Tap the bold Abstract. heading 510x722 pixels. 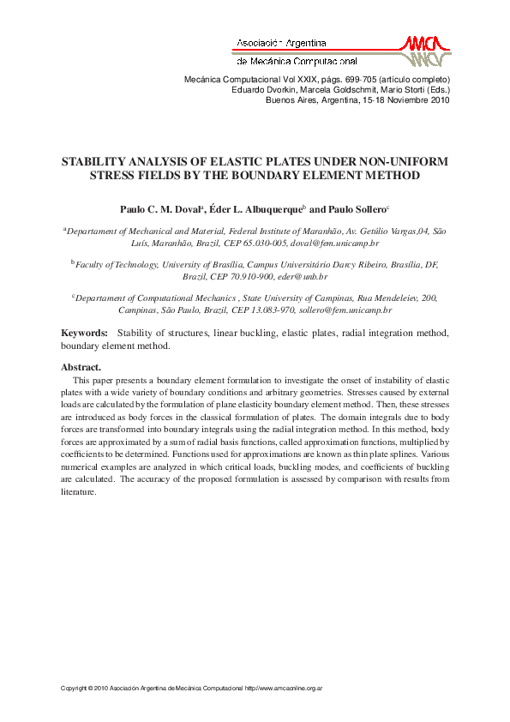81,367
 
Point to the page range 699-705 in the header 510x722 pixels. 332,79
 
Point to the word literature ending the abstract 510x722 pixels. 78,492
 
